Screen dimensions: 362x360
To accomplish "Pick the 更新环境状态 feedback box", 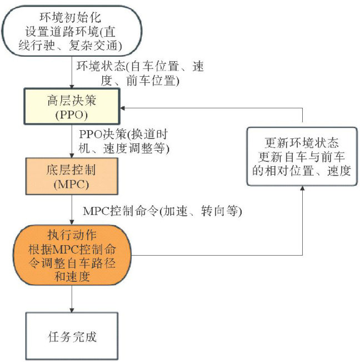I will tap(302, 157).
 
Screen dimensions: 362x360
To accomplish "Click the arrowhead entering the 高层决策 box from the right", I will tap(126, 107).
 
